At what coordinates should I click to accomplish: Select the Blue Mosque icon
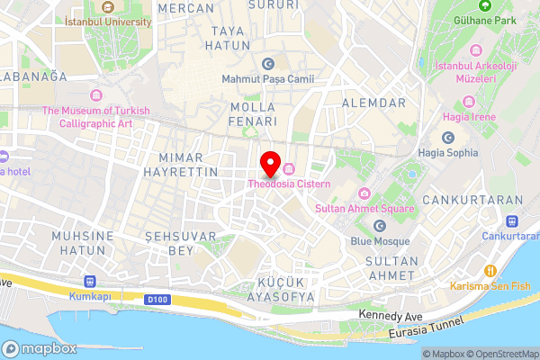tap(379, 225)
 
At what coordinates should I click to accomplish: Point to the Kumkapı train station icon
tap(88, 281)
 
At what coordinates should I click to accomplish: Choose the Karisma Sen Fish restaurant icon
tap(490, 270)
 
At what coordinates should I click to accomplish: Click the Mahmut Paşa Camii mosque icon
tap(267, 64)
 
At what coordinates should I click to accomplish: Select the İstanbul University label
tap(109, 20)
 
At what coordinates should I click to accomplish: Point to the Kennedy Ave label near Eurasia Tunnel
tap(389, 315)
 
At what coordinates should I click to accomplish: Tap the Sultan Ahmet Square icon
tap(364, 193)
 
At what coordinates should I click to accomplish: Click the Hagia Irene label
tap(467, 117)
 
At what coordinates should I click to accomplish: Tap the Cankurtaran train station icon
tap(512, 220)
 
